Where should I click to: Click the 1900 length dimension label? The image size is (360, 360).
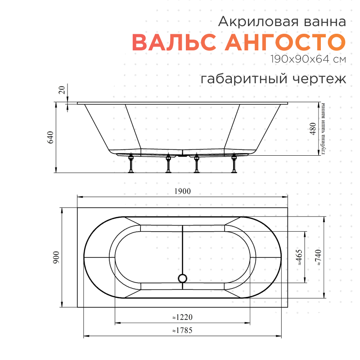click(x=183, y=191)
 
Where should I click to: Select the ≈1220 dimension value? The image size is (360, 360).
click(x=182, y=317)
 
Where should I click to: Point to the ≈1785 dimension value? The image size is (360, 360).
click(x=182, y=331)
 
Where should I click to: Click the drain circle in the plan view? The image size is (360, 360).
click(x=183, y=278)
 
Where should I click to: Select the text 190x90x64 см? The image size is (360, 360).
click(x=308, y=59)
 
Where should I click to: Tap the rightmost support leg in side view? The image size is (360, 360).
click(x=234, y=164)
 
